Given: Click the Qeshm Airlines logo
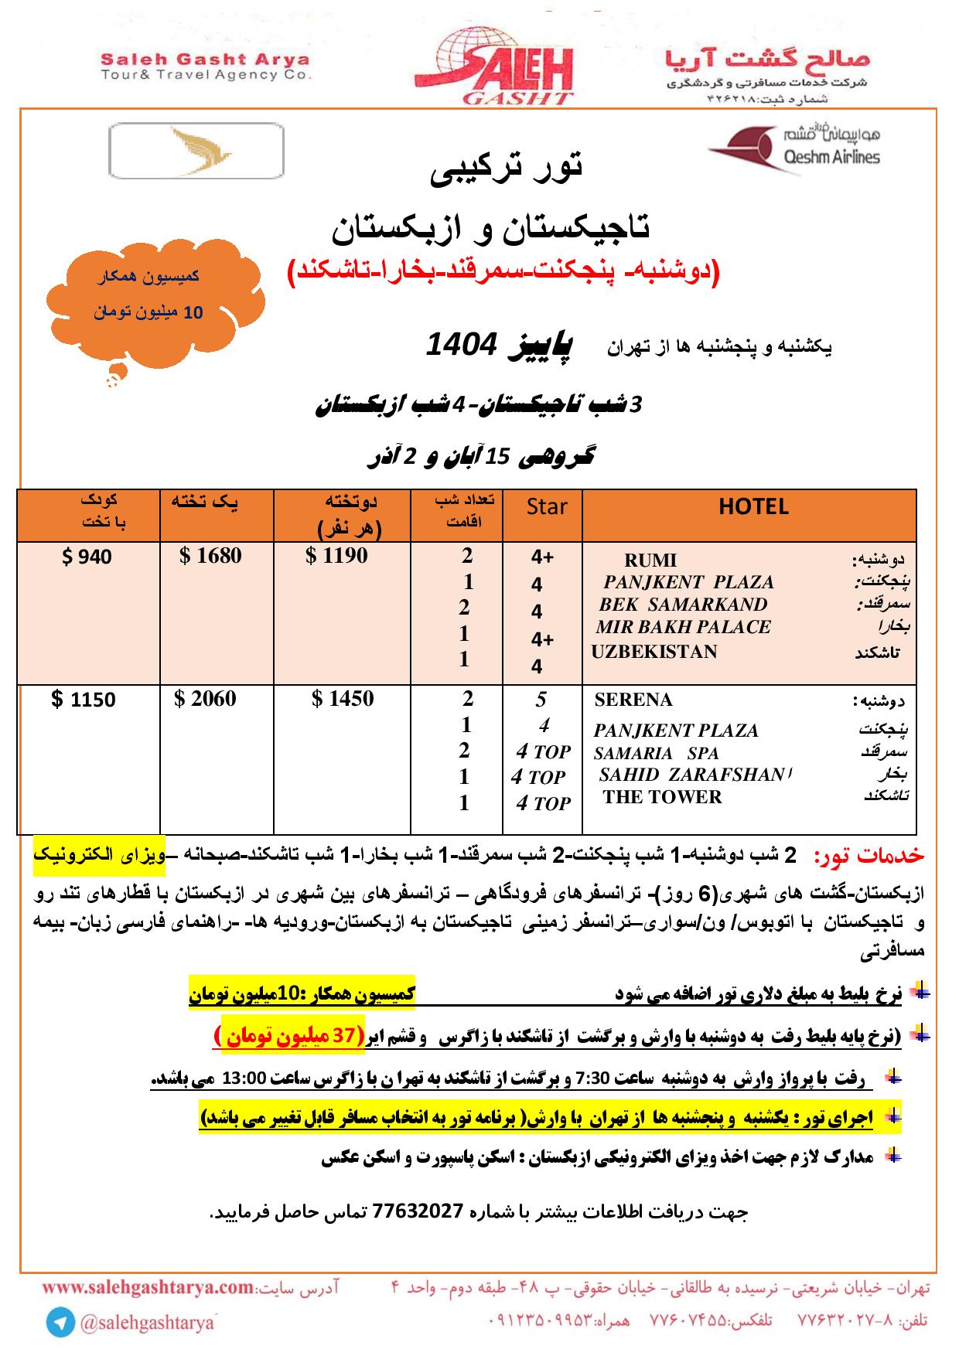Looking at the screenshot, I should point(794,148).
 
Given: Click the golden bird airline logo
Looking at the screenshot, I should point(196,151).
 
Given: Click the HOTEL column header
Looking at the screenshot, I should point(753,507).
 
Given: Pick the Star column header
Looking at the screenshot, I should point(546,507).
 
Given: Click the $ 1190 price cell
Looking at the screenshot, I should point(336,556).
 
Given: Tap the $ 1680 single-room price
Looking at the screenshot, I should point(210,556).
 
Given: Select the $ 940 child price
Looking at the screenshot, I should point(87,557).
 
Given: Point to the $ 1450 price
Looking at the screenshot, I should point(343,699).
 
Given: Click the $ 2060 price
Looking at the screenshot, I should point(205,699).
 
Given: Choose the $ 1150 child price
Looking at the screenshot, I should point(84,700).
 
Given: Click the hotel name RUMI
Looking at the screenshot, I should point(650,560).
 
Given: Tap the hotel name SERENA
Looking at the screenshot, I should point(633,700).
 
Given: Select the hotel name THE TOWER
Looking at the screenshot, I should point(662,798).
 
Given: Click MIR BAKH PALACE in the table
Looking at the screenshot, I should point(684,628).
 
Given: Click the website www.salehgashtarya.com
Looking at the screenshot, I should point(148,1288).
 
